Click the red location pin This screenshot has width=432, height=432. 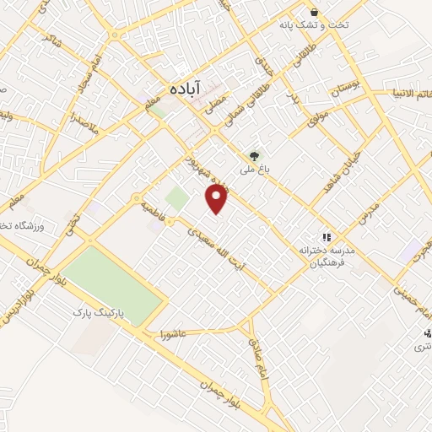[218, 199]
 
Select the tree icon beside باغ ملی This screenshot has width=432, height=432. [254, 156]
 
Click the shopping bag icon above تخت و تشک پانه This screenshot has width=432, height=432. [315, 13]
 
